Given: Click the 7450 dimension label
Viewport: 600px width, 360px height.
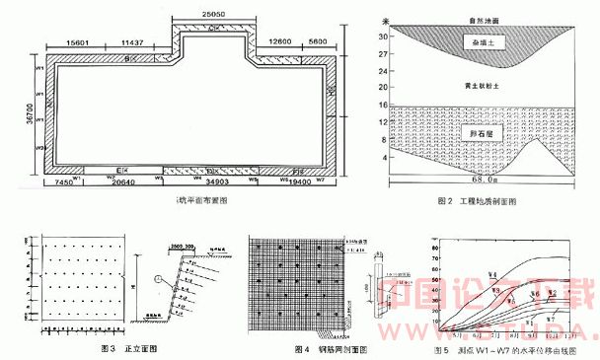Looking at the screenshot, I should tap(63, 184).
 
